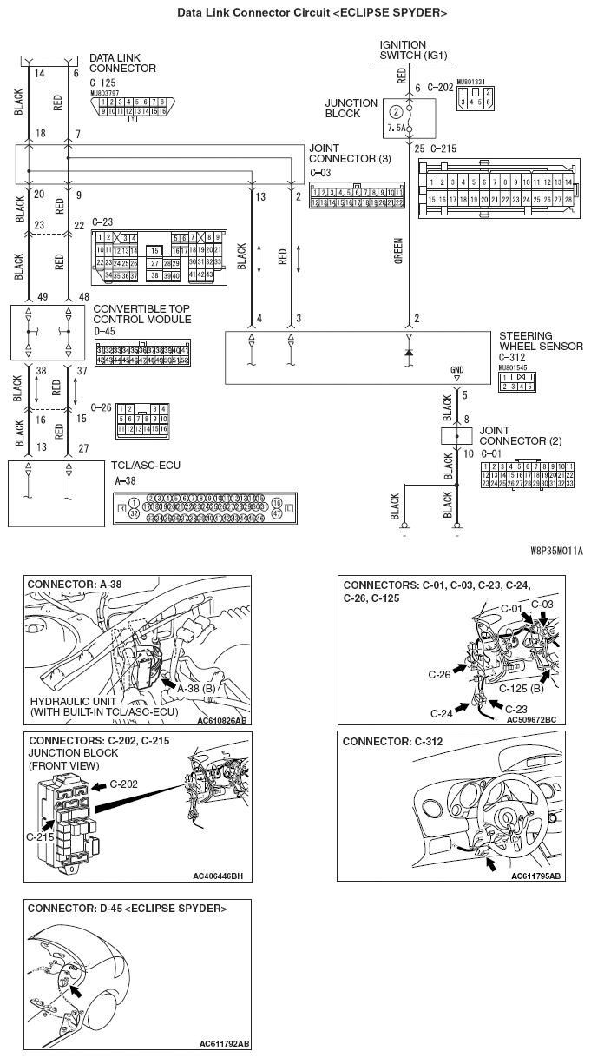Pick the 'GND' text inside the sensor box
[457, 369]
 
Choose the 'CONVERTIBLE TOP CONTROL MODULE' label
[142, 314]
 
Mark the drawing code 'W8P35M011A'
[556, 551]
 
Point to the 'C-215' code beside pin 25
[443, 149]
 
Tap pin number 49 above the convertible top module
[18, 296]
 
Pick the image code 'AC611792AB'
[224, 1043]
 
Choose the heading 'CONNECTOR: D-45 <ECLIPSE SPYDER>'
[128, 909]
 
